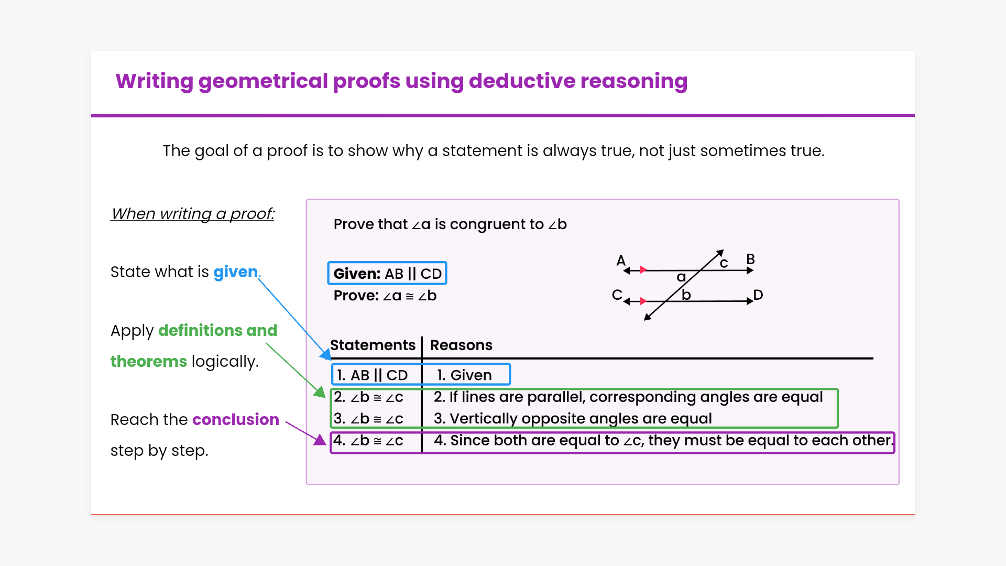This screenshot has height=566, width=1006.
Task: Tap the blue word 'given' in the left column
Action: [236, 273]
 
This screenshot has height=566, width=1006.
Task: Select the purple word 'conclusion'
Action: [236, 419]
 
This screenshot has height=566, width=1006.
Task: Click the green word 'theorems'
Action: [149, 361]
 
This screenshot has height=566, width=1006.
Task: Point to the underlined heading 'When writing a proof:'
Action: [192, 214]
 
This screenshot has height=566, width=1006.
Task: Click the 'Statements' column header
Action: [373, 345]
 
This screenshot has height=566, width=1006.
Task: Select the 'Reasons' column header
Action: [461, 345]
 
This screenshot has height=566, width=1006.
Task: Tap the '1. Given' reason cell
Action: [464, 375]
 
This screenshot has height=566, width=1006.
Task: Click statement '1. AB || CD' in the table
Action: [372, 375]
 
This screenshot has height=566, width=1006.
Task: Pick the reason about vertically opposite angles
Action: [573, 418]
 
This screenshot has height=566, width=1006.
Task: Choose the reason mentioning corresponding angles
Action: [628, 397]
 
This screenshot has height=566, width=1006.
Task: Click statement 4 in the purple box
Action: [368, 440]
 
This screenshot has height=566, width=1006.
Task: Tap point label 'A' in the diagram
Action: [621, 260]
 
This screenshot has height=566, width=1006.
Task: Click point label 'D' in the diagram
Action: [758, 295]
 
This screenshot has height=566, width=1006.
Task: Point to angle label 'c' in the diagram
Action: [724, 263]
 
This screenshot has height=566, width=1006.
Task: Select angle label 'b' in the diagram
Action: [686, 295]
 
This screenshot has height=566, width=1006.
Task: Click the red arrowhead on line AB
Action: [643, 270]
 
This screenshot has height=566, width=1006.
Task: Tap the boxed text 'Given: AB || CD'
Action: [387, 274]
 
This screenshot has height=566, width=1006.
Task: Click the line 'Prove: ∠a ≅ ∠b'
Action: [385, 296]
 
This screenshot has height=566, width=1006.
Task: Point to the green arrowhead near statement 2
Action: [320, 391]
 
